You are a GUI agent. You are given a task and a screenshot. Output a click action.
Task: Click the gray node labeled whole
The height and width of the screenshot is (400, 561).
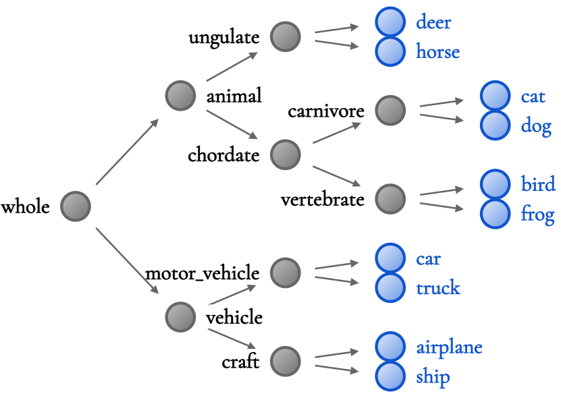(x=76, y=206)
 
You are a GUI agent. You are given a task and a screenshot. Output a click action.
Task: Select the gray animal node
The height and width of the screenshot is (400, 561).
(x=180, y=96)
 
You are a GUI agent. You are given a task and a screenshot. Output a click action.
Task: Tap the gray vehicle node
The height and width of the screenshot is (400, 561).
(x=180, y=316)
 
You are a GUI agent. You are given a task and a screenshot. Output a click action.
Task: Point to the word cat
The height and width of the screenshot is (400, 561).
(x=533, y=96)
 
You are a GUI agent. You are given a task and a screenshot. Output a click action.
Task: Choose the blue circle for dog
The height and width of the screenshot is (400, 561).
(x=495, y=125)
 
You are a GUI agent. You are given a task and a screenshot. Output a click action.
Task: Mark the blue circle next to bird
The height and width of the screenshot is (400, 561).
(x=495, y=184)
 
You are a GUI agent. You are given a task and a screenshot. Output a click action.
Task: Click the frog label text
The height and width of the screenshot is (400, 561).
(x=537, y=215)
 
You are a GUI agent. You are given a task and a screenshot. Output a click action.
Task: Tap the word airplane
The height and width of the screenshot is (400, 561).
(x=449, y=347)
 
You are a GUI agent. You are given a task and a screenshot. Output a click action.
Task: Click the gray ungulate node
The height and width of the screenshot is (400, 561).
(x=286, y=36)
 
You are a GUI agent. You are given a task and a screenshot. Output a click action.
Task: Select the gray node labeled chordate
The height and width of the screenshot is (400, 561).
(x=286, y=154)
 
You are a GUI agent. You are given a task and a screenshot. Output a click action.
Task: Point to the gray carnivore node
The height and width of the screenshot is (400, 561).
(x=390, y=110)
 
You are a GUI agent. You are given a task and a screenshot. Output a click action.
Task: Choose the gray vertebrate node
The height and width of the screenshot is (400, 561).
(x=390, y=198)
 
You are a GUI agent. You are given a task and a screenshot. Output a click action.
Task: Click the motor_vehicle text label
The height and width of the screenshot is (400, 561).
(x=203, y=273)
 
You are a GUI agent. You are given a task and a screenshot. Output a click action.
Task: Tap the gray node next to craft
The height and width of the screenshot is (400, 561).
(x=286, y=361)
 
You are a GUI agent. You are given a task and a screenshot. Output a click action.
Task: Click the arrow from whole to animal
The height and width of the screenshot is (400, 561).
(x=128, y=152)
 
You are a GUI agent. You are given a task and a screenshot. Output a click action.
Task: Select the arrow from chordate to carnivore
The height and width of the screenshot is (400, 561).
(x=337, y=133)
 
